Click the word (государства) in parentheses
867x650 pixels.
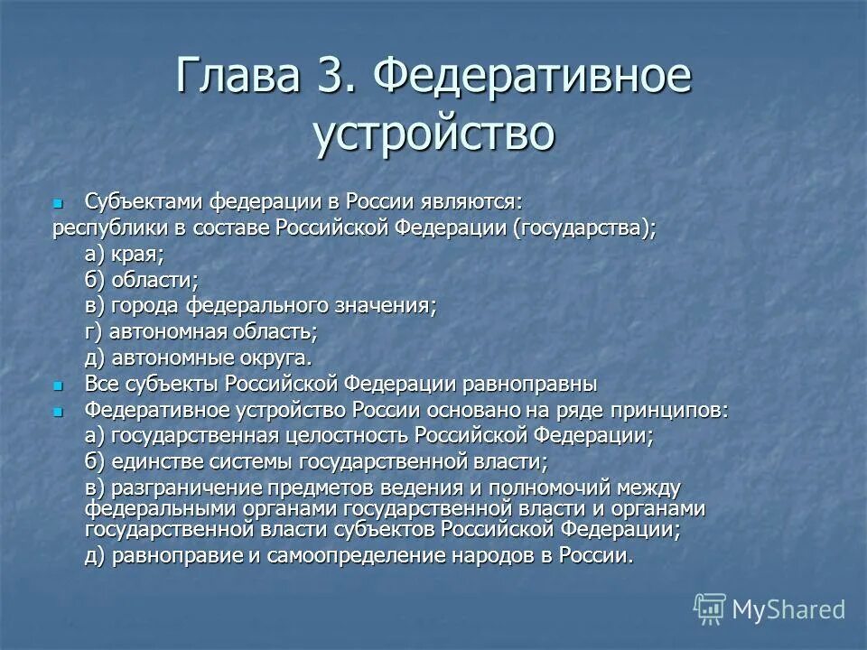583,228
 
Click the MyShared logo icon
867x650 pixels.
709,608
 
